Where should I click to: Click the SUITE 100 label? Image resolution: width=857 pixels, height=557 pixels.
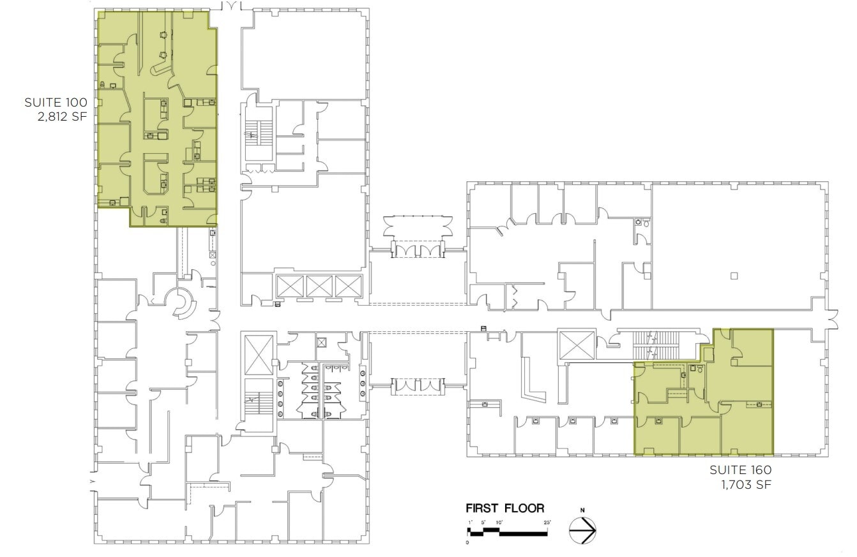click(x=56, y=102)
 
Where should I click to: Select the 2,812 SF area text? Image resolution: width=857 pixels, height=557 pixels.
click(x=63, y=117)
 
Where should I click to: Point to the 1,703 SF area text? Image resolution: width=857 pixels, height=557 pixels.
click(x=746, y=485)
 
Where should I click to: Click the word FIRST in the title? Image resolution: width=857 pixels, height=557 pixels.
click(x=483, y=509)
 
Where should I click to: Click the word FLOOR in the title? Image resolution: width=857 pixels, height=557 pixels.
click(x=524, y=509)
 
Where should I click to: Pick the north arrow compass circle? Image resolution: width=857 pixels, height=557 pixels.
click(x=582, y=530)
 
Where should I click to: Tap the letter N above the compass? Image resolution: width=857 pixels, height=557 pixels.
click(x=582, y=510)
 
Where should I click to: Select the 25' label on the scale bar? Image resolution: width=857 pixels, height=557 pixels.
click(x=547, y=523)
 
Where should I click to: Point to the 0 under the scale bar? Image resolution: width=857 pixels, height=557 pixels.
click(x=468, y=542)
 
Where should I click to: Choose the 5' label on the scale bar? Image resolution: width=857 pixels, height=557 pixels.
click(x=483, y=523)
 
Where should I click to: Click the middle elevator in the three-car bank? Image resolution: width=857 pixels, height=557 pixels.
click(x=319, y=286)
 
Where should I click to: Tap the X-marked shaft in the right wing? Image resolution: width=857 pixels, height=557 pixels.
click(x=577, y=346)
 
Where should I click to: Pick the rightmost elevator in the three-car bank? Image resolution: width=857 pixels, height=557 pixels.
click(x=348, y=286)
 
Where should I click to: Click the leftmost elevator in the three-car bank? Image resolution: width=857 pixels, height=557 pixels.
click(x=291, y=286)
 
